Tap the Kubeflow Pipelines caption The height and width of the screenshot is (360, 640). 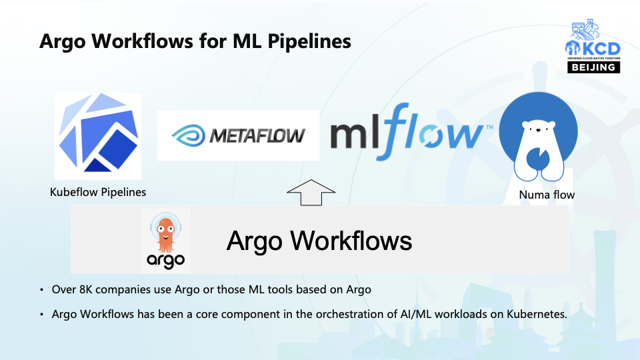pos(98,193)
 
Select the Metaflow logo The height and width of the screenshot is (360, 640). pos(238,135)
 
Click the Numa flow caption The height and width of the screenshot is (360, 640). pos(547,195)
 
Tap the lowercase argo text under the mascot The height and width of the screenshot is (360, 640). pos(166,259)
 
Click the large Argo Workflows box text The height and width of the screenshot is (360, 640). pos(319,241)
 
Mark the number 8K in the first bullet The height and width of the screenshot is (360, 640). pos(85,290)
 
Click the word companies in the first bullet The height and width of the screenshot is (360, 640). pos(123,290)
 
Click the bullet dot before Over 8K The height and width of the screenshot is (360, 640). pos(43,291)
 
